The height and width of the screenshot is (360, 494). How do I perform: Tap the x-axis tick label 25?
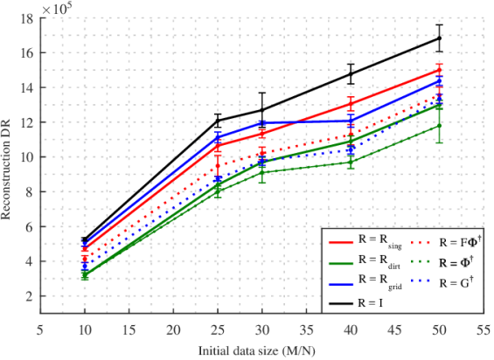(218, 331)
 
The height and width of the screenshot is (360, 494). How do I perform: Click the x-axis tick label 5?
(39, 331)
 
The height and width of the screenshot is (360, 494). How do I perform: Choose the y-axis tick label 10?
(26, 157)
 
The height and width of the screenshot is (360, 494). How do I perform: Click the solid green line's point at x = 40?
(351, 162)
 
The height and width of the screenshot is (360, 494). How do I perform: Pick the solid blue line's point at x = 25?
(218, 137)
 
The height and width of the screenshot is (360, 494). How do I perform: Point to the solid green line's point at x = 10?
(85, 276)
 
